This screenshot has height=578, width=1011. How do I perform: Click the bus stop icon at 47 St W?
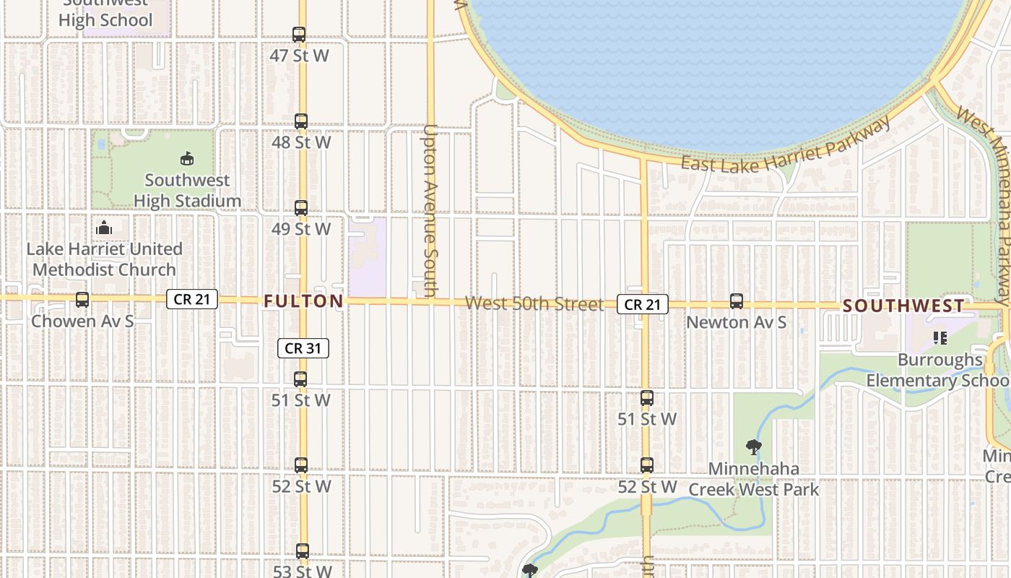[x=299, y=34]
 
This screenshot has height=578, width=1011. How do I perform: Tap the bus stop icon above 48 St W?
[x=301, y=121]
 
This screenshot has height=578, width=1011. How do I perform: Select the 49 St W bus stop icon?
[x=301, y=208]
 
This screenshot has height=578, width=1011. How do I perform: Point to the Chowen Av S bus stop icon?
[x=82, y=300]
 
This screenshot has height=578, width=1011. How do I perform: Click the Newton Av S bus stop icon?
[x=737, y=301]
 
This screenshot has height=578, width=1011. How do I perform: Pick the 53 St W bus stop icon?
[x=303, y=551]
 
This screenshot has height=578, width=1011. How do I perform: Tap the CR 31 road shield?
[x=303, y=348]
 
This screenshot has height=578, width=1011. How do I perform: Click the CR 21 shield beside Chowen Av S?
[x=192, y=299]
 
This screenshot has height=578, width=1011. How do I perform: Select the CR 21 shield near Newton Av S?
[x=642, y=305]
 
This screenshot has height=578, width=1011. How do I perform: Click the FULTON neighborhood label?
[x=303, y=301]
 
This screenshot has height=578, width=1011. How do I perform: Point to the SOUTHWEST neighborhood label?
[x=903, y=306]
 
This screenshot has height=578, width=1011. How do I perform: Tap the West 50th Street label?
[x=534, y=303]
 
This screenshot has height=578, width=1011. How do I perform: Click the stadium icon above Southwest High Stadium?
[x=187, y=158]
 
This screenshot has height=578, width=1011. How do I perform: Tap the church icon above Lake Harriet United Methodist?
[x=104, y=228]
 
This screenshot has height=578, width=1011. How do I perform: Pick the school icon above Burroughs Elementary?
[x=940, y=337]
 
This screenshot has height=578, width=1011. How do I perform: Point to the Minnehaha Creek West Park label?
[x=754, y=479]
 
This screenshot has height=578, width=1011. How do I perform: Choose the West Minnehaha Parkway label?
[x=986, y=202]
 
